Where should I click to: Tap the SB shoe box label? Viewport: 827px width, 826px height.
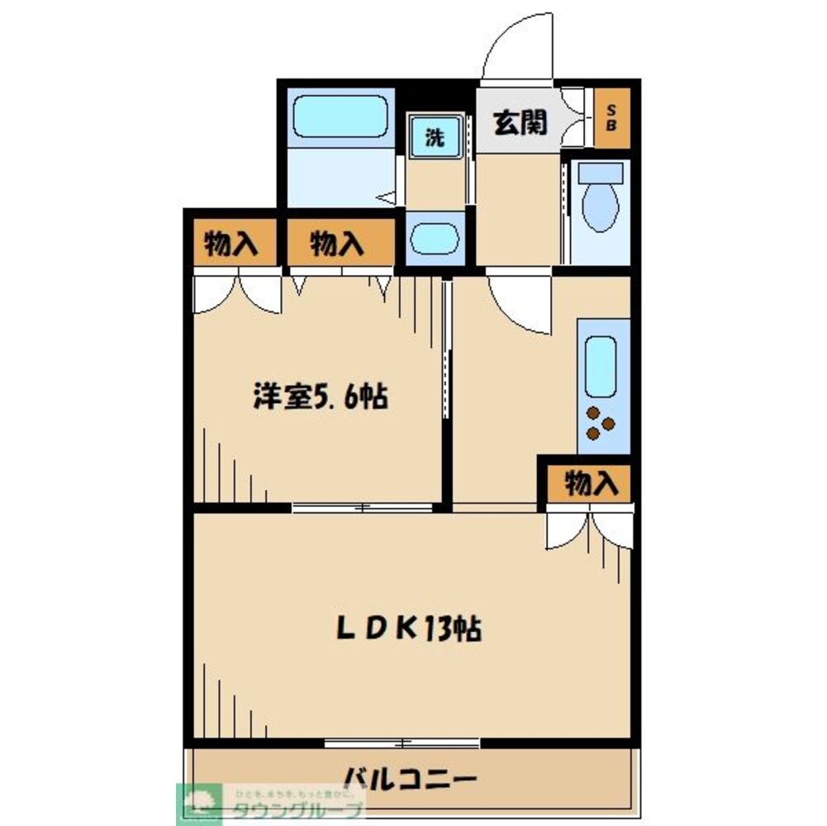tap(611, 117)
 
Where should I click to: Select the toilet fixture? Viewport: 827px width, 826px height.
tap(600, 202)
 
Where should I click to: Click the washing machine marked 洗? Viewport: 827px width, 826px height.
tap(435, 138)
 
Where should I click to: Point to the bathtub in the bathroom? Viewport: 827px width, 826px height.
tap(340, 116)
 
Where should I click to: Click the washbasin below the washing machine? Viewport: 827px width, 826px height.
tap(435, 238)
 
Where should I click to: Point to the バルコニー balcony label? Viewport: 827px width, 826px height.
tap(410, 778)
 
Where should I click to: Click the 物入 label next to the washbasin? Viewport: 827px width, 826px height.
tap(337, 244)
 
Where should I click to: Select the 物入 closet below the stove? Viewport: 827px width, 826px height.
tap(592, 483)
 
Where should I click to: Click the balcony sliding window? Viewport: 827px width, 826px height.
tap(402, 742)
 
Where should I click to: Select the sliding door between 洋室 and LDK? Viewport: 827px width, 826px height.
tap(364, 507)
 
